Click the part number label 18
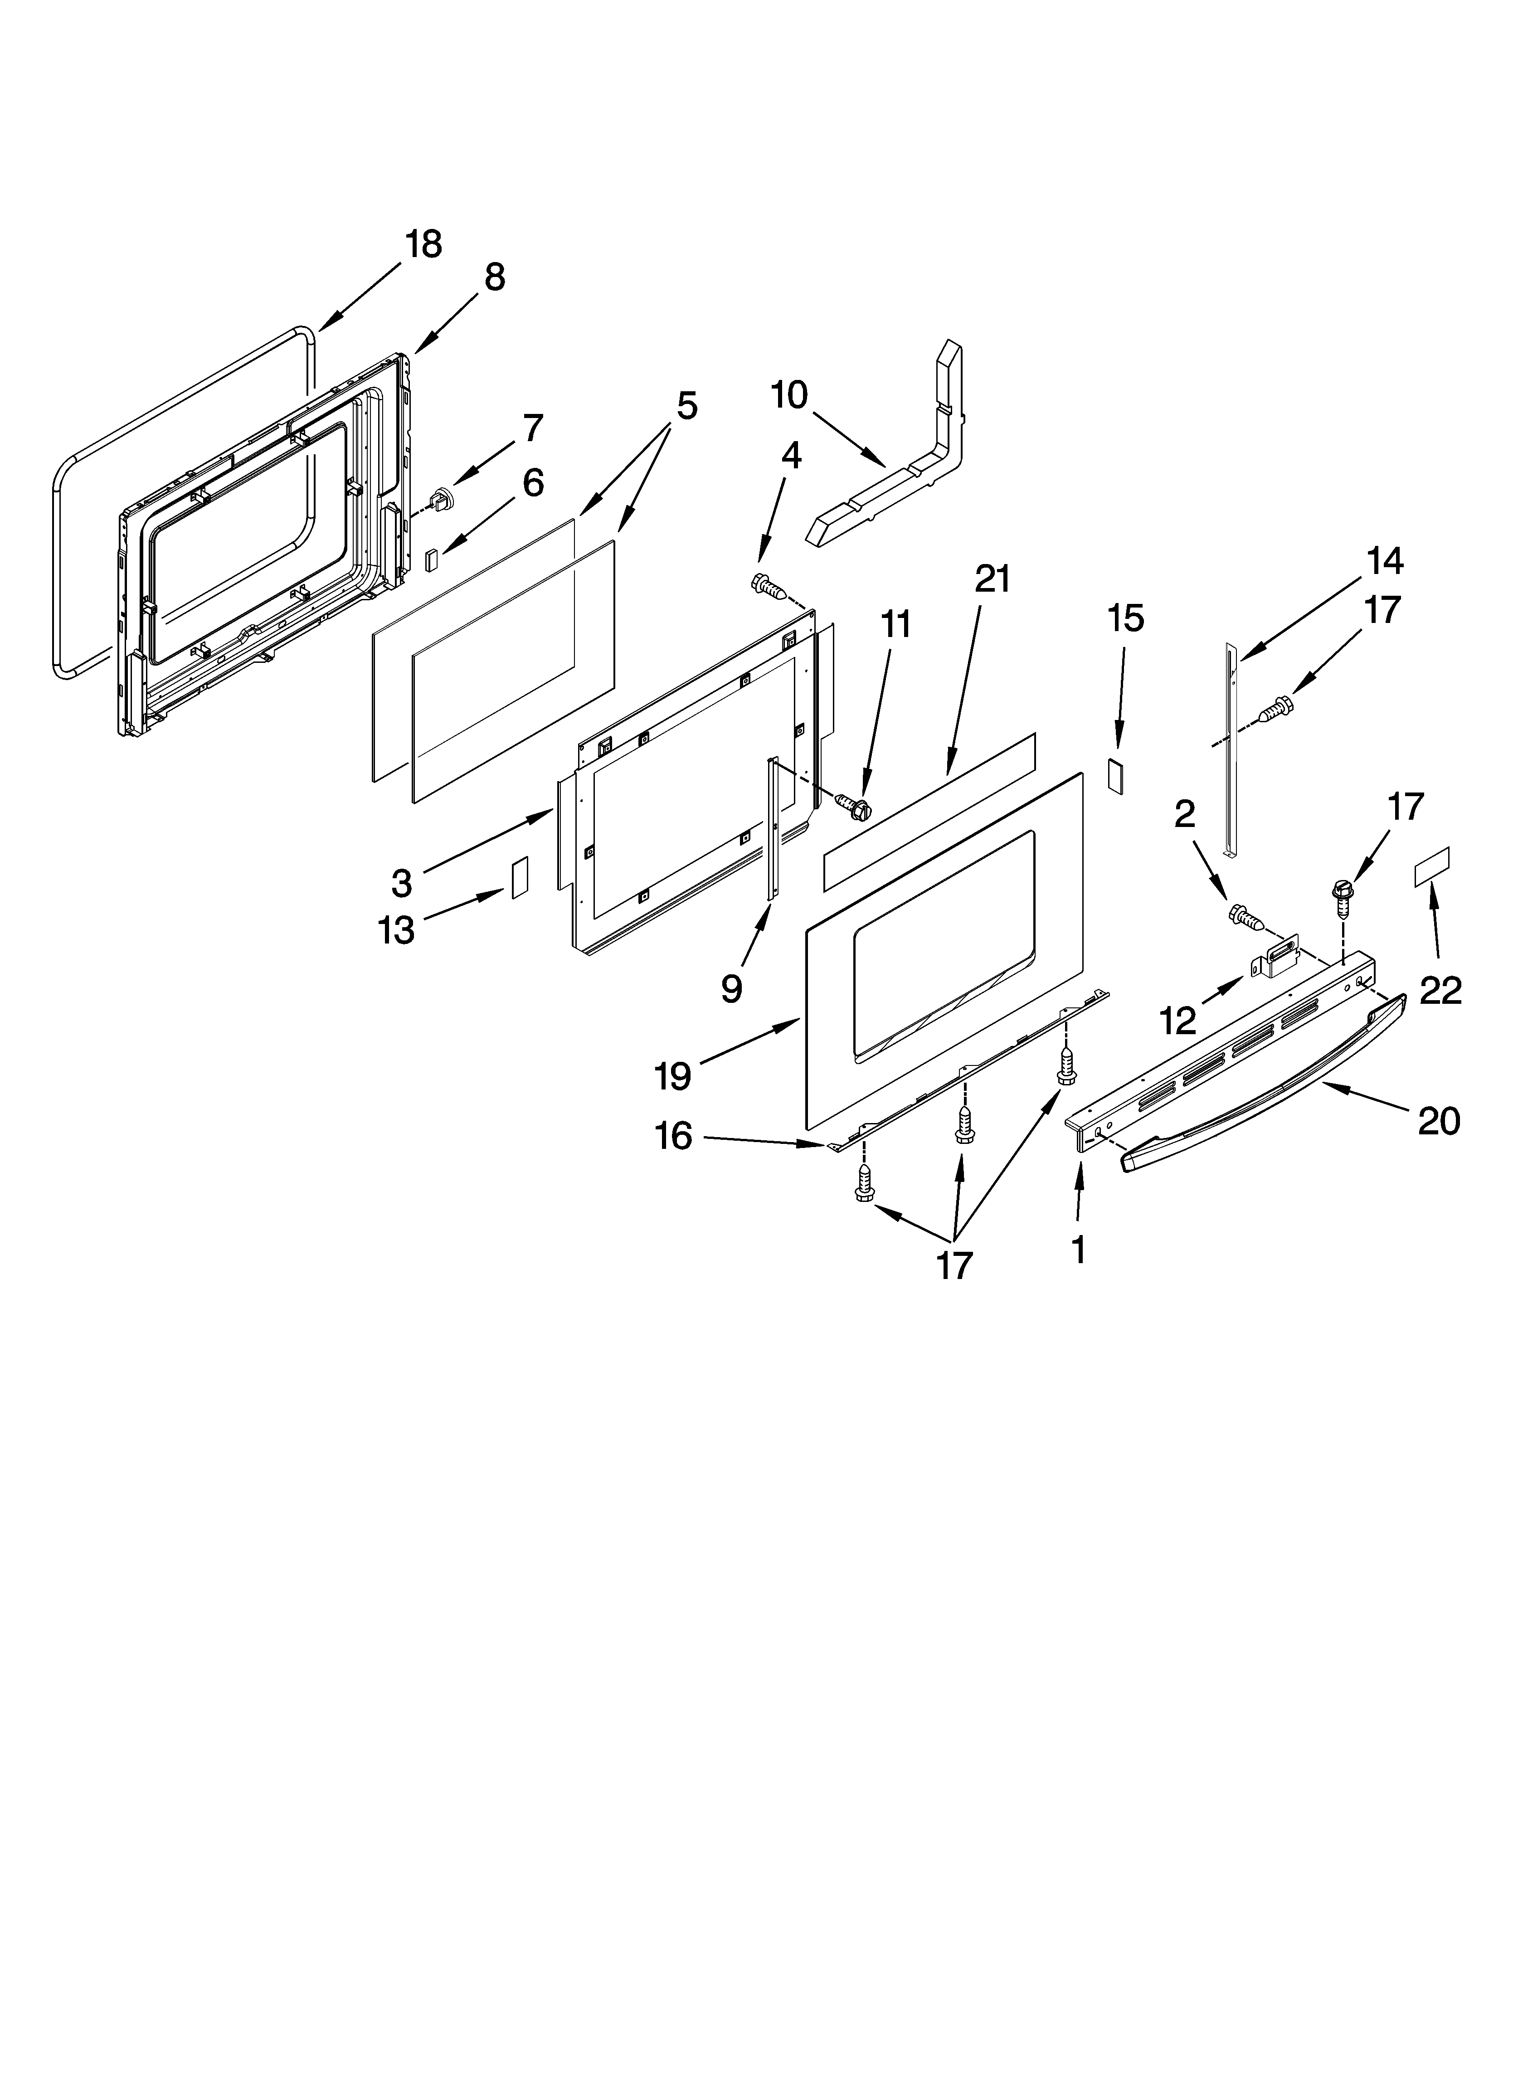(423, 245)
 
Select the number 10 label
(789, 395)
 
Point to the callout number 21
(992, 579)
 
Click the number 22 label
(1440, 991)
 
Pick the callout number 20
(1439, 1121)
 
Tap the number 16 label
(674, 1136)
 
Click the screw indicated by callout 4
(769, 586)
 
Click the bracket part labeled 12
(1276, 963)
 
